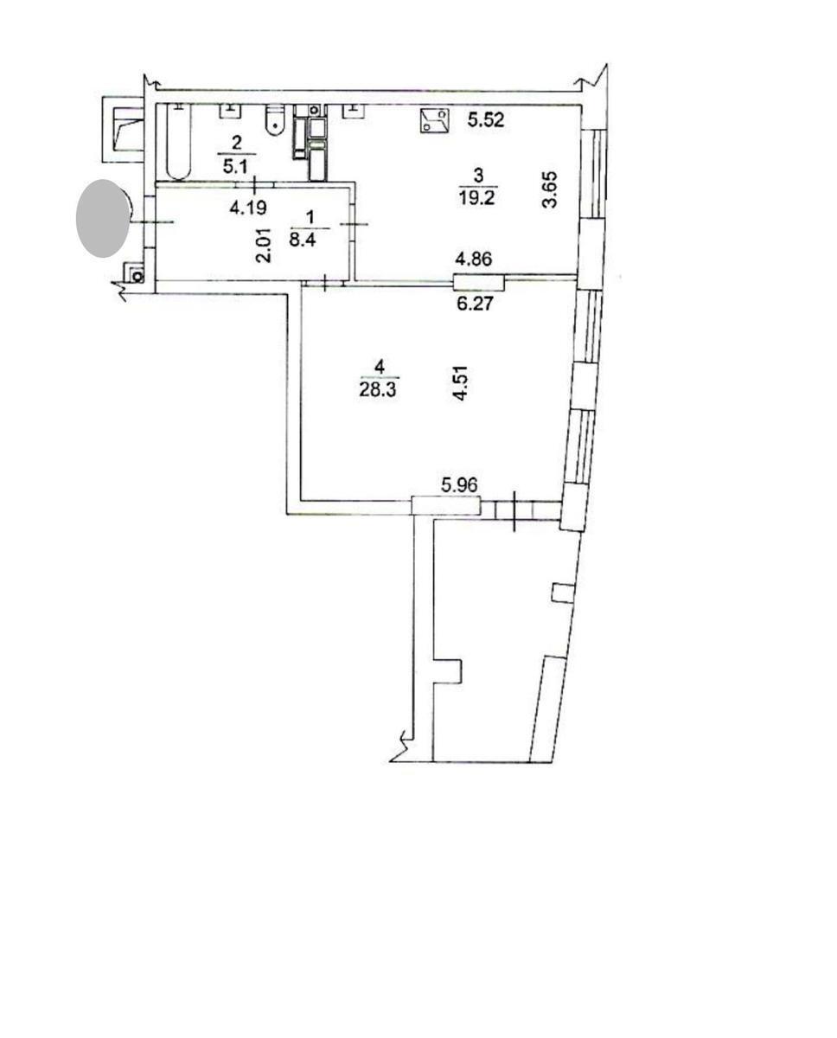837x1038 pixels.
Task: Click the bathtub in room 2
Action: [176, 143]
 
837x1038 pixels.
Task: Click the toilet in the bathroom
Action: [275, 122]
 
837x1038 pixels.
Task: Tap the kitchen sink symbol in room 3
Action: [434, 121]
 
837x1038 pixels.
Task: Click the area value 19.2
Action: [479, 195]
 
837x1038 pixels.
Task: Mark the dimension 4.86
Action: [476, 259]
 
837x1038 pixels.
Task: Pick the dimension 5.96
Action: [459, 486]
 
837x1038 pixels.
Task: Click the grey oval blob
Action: [103, 218]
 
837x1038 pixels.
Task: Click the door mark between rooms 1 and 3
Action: [355, 225]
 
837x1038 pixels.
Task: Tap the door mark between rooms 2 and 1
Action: [256, 183]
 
